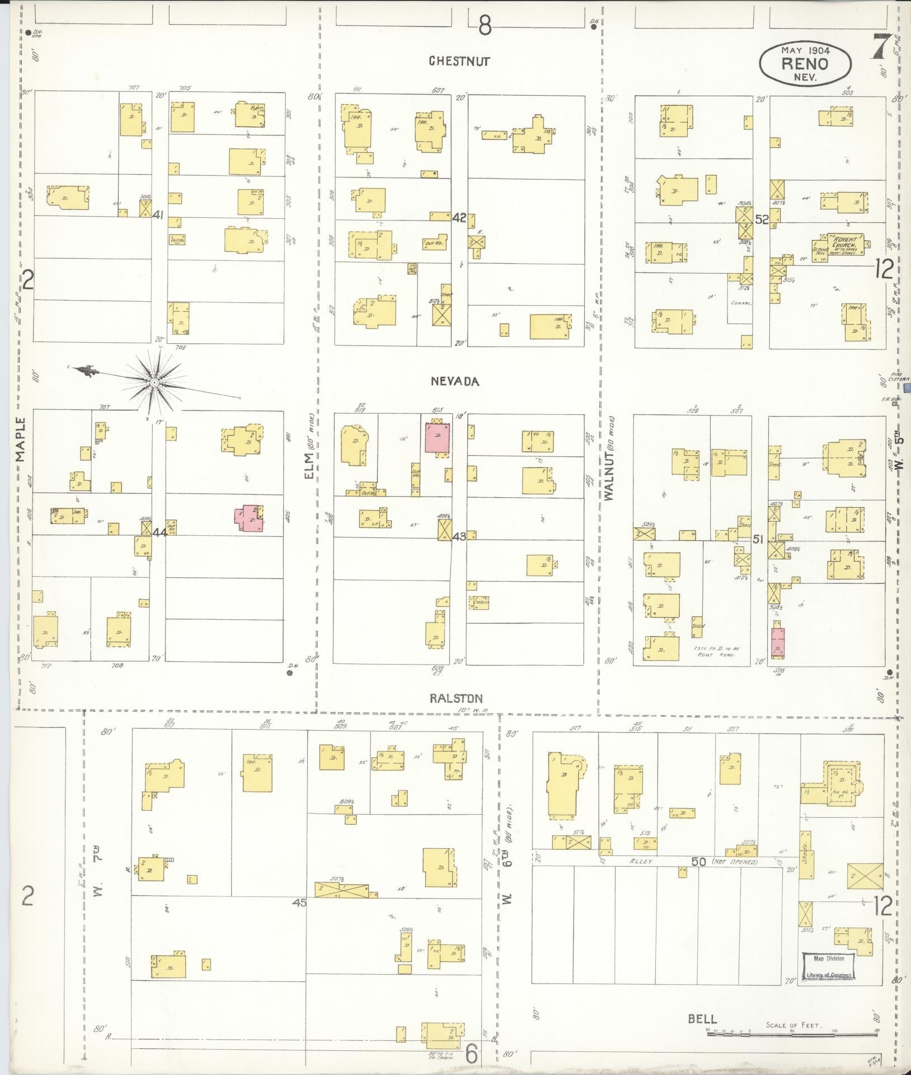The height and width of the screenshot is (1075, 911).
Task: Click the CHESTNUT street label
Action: tap(459, 61)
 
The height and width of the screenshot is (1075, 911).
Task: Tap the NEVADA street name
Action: tap(455, 381)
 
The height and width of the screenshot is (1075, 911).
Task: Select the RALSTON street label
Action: tap(457, 698)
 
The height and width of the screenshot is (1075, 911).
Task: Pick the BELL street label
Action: tap(702, 1018)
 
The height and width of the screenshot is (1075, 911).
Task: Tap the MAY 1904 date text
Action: tap(805, 49)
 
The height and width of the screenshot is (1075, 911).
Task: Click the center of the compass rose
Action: tap(154, 382)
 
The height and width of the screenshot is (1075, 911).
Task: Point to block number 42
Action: tap(459, 218)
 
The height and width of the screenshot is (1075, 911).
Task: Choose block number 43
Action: tap(459, 536)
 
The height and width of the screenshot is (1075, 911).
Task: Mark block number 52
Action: tap(762, 219)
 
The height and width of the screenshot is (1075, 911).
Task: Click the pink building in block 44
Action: tap(249, 518)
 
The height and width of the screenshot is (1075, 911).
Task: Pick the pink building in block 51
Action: tap(777, 641)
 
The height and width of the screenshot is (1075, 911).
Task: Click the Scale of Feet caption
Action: tap(793, 1025)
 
